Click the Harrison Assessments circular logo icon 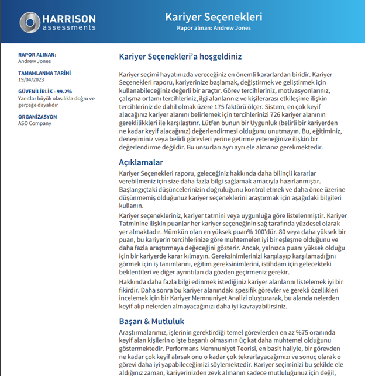(x=29, y=22)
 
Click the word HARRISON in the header (x=70, y=18)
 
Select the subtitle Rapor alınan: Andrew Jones (x=213, y=27)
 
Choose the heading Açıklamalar (x=141, y=162)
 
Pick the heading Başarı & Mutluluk (x=151, y=321)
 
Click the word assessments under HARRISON (x=69, y=27)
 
